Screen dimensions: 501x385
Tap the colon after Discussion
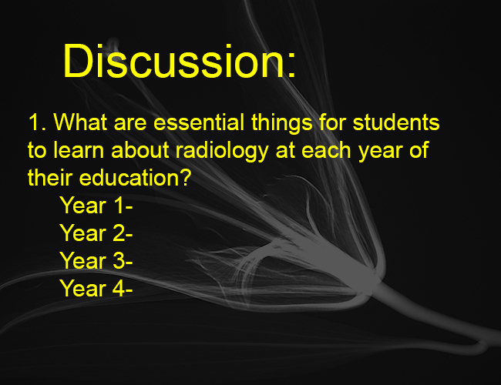click(x=291, y=65)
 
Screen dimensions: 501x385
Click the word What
click(x=80, y=122)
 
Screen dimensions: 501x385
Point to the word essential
click(x=199, y=122)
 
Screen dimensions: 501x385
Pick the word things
click(x=282, y=123)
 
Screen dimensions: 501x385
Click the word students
click(x=396, y=122)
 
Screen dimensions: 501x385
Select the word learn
click(x=79, y=149)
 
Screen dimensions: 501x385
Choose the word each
click(x=326, y=149)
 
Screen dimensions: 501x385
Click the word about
click(x=140, y=149)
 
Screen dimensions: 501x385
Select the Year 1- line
click(x=96, y=205)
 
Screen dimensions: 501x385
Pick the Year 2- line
click(x=96, y=233)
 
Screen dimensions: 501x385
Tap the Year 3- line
click(x=96, y=260)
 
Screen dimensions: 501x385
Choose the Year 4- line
click(x=96, y=288)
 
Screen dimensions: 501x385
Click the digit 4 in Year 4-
click(x=119, y=288)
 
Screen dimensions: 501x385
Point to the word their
click(x=50, y=178)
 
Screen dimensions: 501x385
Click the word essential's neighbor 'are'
click(x=130, y=125)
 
